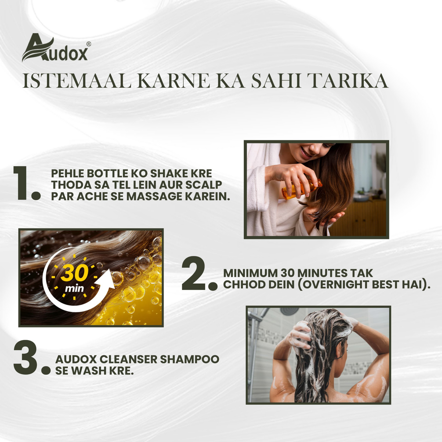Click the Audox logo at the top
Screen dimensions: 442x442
[x=55, y=48]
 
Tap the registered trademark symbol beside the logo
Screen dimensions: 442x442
[x=88, y=44]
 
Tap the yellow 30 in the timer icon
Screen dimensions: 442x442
[x=74, y=273]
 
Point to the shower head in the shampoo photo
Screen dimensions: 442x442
[x=289, y=311]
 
